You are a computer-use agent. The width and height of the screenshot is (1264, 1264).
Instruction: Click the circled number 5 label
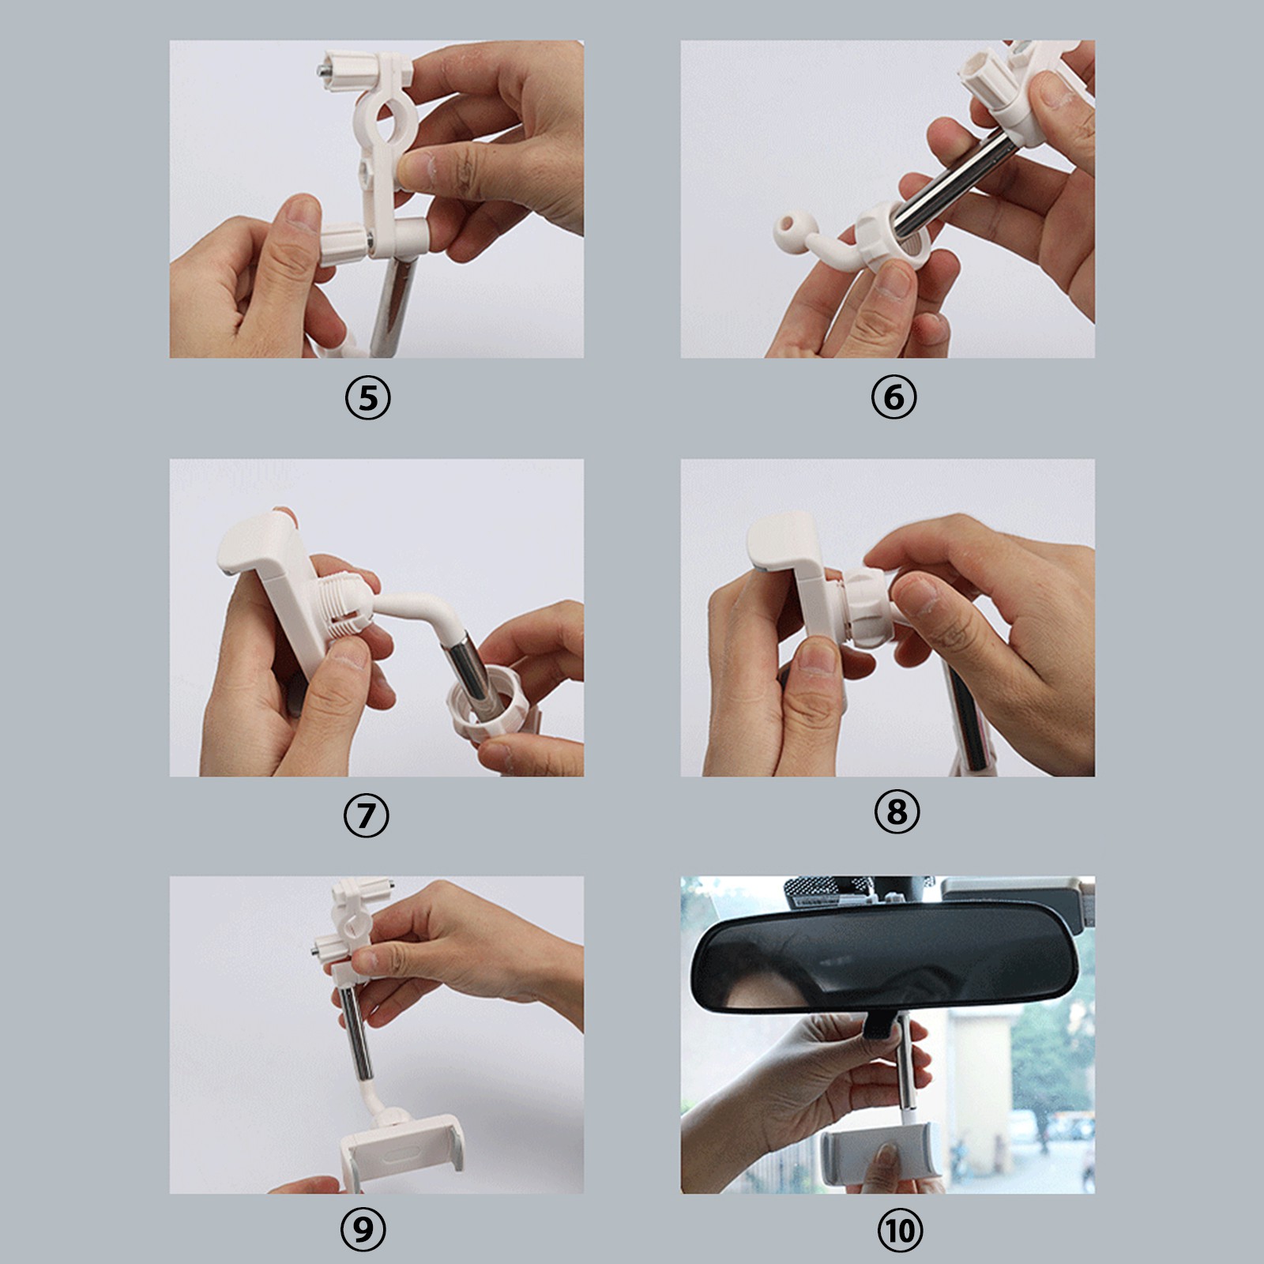tap(368, 398)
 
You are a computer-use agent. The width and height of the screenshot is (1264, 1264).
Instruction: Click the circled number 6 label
tap(893, 397)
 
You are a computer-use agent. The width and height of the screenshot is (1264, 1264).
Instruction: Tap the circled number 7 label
tap(367, 815)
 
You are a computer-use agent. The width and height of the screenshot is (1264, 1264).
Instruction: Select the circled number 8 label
tap(897, 811)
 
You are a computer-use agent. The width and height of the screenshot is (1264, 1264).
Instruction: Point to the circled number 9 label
tap(363, 1229)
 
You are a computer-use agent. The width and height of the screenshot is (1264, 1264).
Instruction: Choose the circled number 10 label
tap(900, 1230)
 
